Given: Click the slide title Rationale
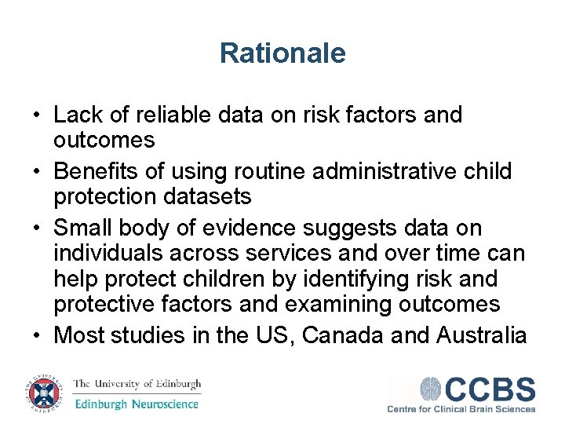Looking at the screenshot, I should click(282, 53).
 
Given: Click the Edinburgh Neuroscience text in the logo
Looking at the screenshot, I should click(137, 404).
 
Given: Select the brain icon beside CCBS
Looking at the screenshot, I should click(431, 389).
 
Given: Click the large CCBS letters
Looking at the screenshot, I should click(490, 389).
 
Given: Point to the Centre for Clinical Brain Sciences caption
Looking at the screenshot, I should click(461, 409).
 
